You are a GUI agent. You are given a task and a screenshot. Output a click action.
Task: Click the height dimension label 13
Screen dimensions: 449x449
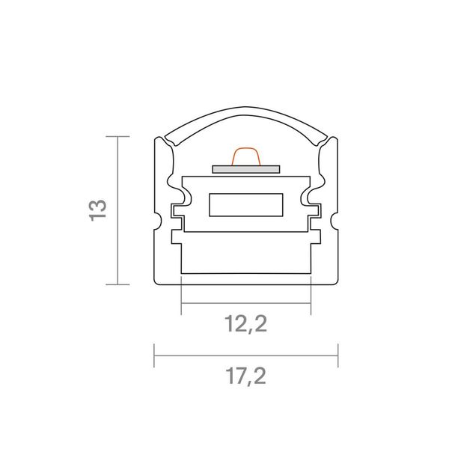[98, 210]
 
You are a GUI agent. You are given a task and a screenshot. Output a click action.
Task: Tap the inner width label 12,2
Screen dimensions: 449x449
[246, 324]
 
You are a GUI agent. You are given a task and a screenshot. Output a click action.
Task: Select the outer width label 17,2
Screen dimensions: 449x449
[246, 376]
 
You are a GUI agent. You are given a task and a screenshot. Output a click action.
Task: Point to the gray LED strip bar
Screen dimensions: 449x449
[246, 169]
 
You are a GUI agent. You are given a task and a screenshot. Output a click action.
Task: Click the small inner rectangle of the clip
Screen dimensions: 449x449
[246, 205]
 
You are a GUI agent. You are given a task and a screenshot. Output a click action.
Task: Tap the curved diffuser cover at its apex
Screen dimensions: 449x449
[246, 108]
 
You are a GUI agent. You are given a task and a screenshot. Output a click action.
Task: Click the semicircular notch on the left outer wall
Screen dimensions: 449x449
[159, 221]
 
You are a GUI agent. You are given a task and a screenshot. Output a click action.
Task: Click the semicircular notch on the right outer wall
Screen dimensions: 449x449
[334, 221]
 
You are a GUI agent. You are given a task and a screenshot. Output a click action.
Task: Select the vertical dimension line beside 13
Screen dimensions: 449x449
[117, 210]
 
